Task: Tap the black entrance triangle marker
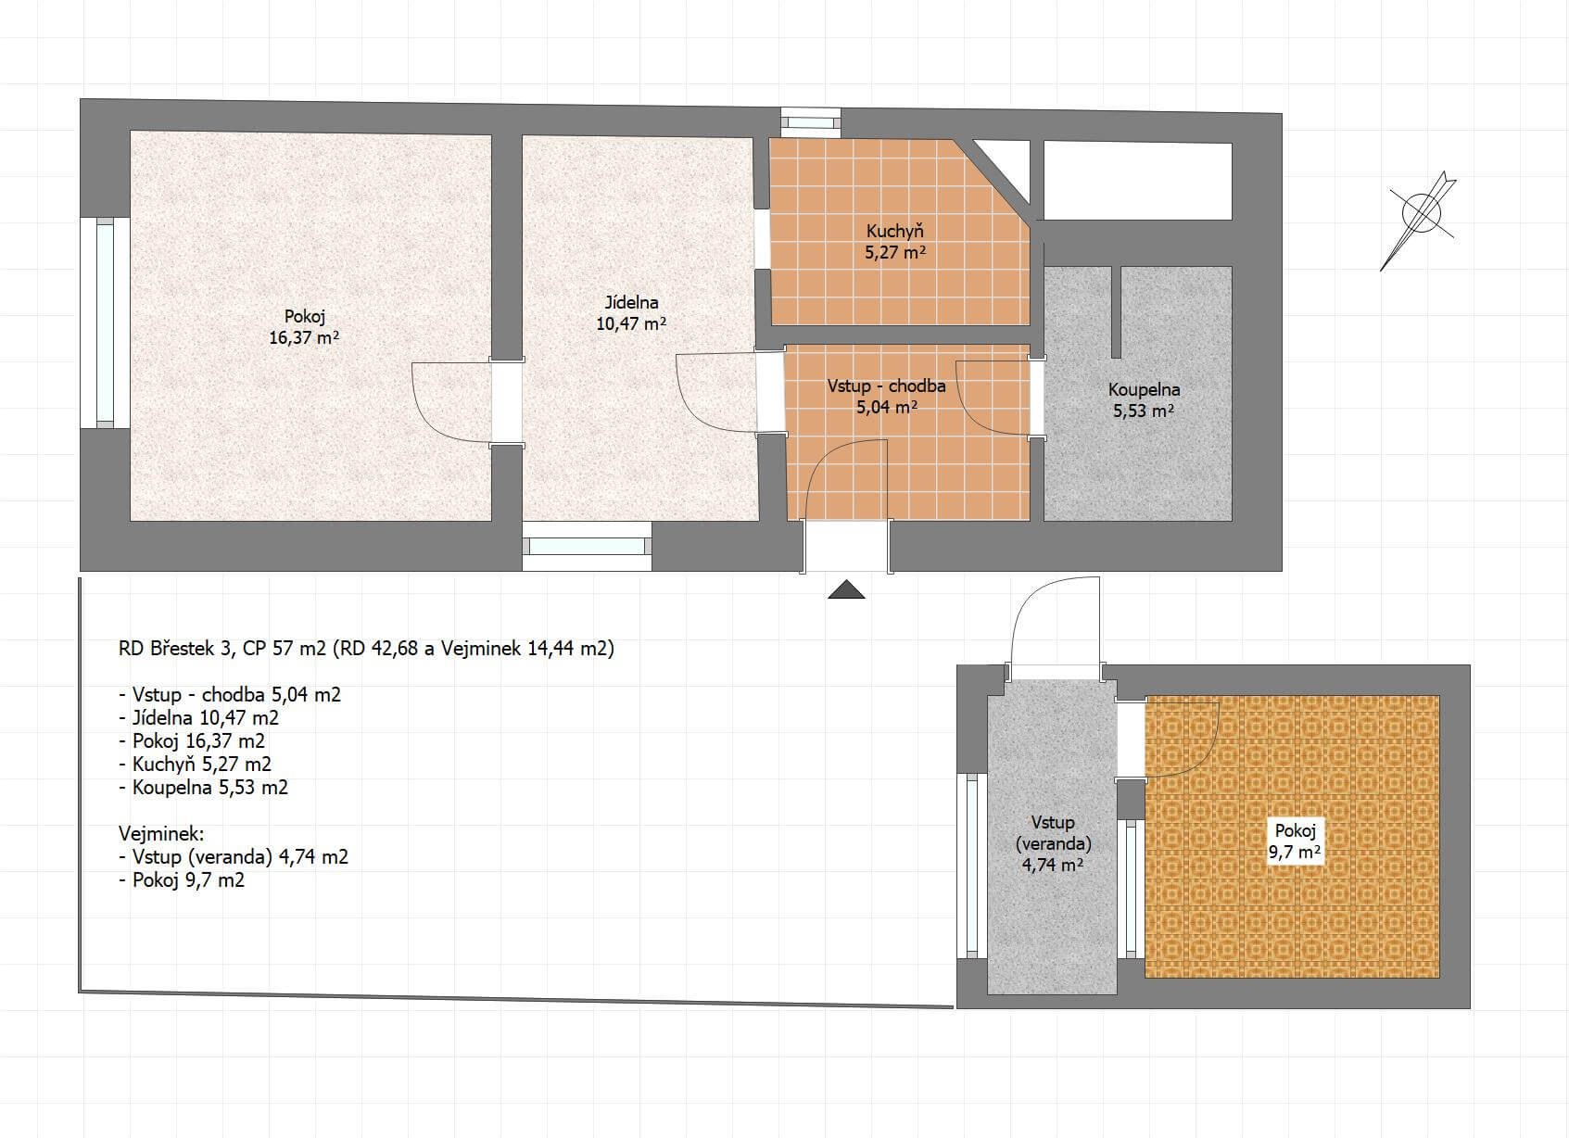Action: click(x=846, y=589)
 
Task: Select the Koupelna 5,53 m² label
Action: click(x=1144, y=400)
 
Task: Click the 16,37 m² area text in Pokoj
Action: click(x=304, y=337)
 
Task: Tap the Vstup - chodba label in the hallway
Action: click(x=886, y=386)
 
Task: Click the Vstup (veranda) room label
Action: click(x=1053, y=833)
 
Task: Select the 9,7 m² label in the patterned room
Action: click(x=1295, y=853)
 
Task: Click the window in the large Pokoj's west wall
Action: click(x=105, y=322)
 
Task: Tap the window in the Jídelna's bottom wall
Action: click(x=587, y=546)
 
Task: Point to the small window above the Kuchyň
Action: click(x=810, y=122)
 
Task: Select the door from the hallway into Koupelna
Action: click(x=1000, y=397)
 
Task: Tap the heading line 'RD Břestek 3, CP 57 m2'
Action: click(x=222, y=649)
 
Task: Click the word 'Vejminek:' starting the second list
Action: click(x=161, y=833)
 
